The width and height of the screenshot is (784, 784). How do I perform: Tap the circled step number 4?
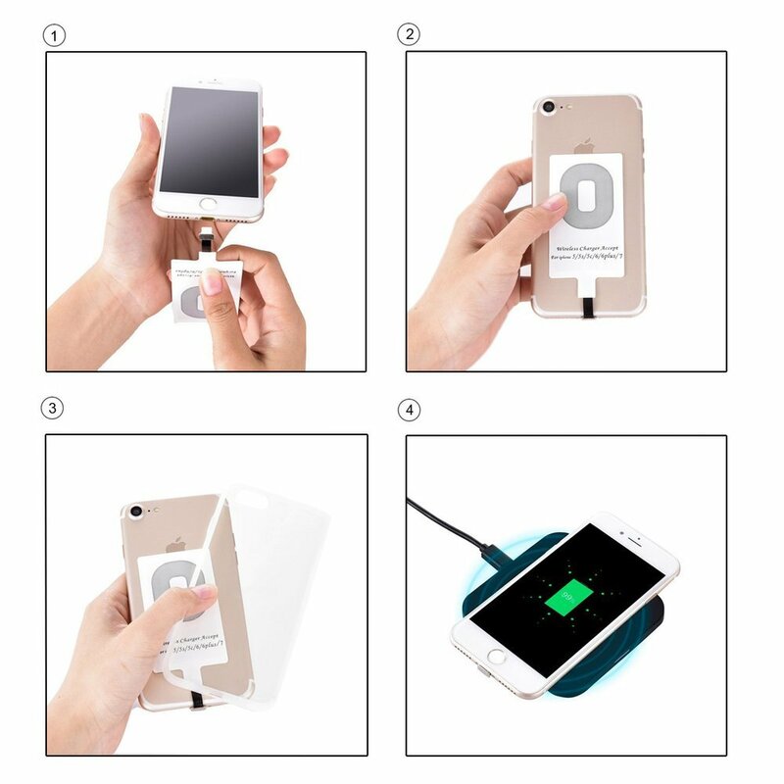pyautogui.click(x=408, y=407)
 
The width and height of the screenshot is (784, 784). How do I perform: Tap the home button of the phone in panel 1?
pyautogui.click(x=208, y=207)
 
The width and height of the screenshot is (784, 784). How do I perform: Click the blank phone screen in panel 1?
pyautogui.click(x=210, y=139)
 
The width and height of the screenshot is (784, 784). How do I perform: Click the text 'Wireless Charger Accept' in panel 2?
pyautogui.click(x=586, y=251)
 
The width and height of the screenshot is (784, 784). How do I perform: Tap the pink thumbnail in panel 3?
pyautogui.click(x=204, y=593)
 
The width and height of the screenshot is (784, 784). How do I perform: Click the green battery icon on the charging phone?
pyautogui.click(x=563, y=594)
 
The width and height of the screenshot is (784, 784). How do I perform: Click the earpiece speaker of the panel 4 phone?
pyautogui.click(x=635, y=540)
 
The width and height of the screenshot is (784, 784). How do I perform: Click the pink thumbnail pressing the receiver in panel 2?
pyautogui.click(x=554, y=202)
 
